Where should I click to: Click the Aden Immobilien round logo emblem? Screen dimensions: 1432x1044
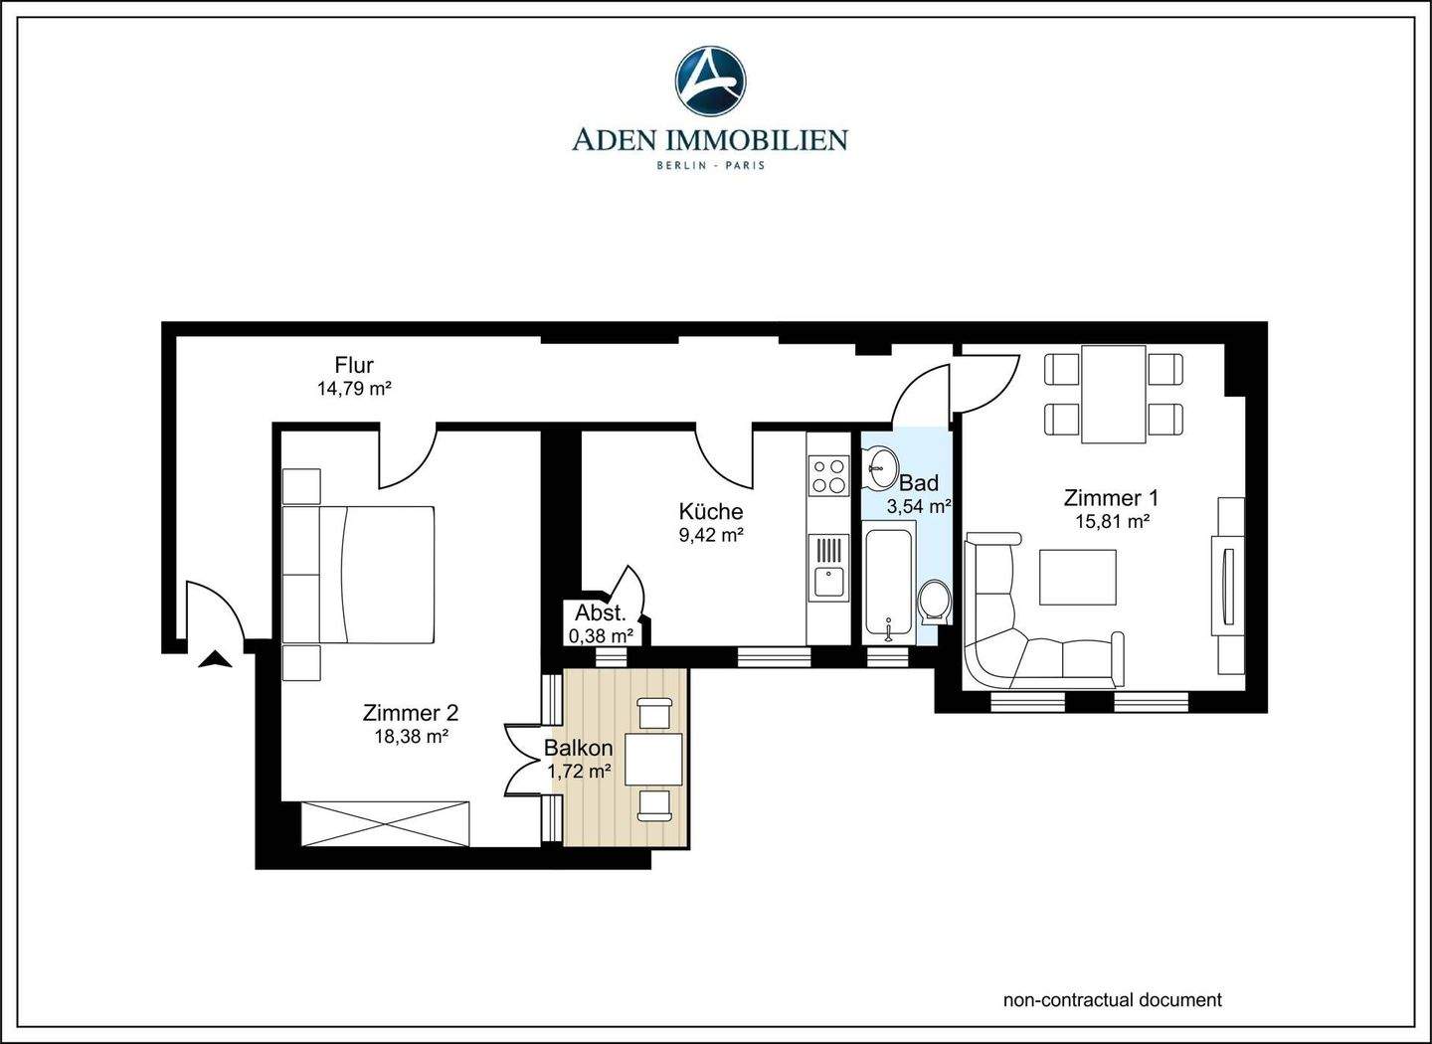pyautogui.click(x=710, y=81)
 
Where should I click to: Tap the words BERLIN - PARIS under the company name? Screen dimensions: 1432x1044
pyautogui.click(x=710, y=166)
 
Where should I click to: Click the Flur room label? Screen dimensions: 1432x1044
pyautogui.click(x=354, y=365)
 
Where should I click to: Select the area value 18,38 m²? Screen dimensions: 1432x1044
pyautogui.click(x=411, y=737)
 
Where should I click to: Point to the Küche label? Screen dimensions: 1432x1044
pyautogui.click(x=710, y=511)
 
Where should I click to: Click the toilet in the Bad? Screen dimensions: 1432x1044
pyautogui.click(x=934, y=602)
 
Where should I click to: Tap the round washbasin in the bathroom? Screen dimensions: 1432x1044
pyautogui.click(x=880, y=467)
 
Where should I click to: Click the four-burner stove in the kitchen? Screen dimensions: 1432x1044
pyautogui.click(x=828, y=476)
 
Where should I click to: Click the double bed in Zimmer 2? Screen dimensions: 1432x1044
pyautogui.click(x=359, y=575)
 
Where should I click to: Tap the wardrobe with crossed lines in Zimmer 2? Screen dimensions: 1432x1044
pyautogui.click(x=386, y=823)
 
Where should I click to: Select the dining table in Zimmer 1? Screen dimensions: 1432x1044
pyautogui.click(x=1113, y=394)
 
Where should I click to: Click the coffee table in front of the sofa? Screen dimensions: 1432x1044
pyautogui.click(x=1077, y=577)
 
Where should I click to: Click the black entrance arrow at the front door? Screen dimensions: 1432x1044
pyautogui.click(x=215, y=659)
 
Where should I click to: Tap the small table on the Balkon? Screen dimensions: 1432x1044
pyautogui.click(x=653, y=760)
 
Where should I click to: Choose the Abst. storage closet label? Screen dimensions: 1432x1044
pyautogui.click(x=600, y=613)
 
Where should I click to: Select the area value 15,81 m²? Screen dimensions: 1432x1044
pyautogui.click(x=1113, y=522)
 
